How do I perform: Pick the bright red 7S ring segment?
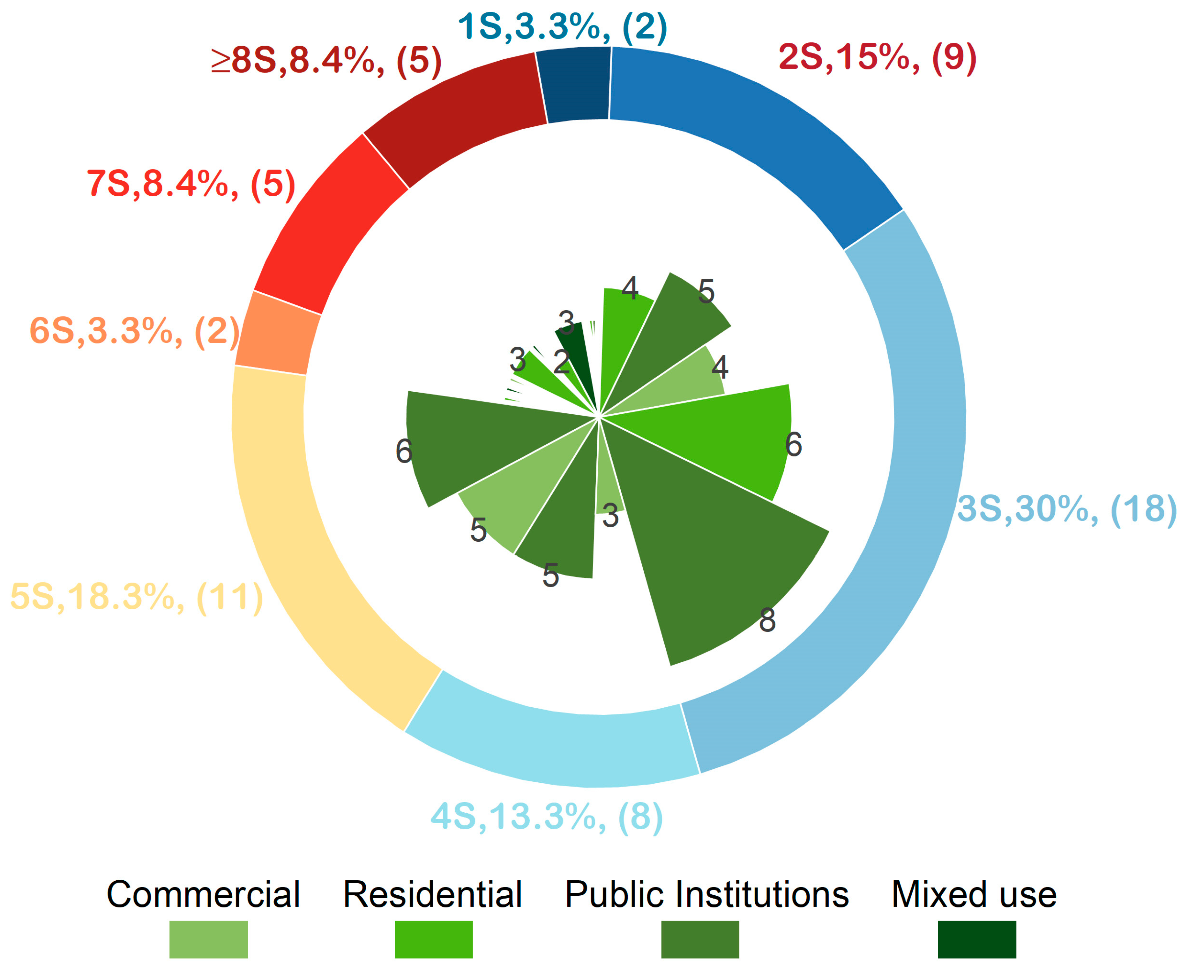(330, 224)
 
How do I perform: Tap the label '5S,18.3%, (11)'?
(137, 597)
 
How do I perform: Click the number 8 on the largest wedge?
(767, 620)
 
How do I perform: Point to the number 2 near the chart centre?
(561, 362)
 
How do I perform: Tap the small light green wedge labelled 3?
(609, 492)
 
